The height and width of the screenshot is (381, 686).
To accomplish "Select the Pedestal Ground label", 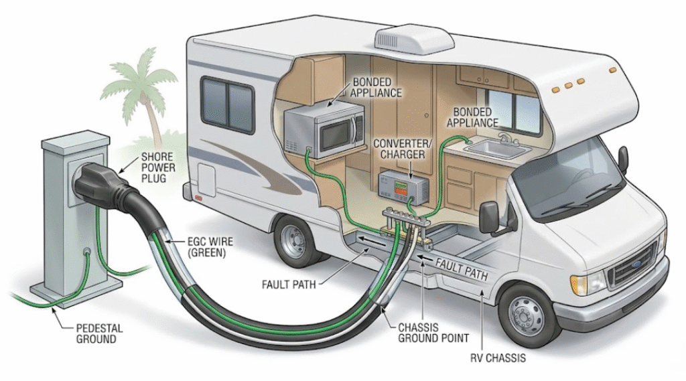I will click(96, 333).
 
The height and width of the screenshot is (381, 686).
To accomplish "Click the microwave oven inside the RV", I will click(324, 131).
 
